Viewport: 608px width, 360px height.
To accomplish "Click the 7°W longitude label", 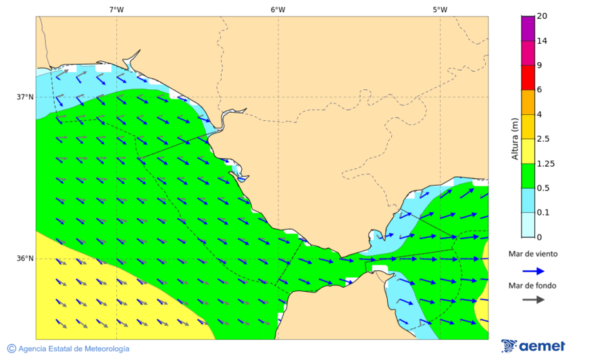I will [x=116, y=9].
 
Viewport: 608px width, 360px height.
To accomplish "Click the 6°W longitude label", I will [x=278, y=9].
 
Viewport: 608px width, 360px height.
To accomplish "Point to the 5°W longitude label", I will [x=440, y=9].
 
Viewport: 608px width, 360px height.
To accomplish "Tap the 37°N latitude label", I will [x=25, y=97].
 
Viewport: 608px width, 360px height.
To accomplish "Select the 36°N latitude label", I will [x=25, y=259].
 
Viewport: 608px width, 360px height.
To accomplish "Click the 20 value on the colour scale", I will [x=542, y=16].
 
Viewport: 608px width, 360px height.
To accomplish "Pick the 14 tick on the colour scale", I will [x=542, y=41].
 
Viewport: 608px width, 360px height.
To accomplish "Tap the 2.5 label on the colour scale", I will [x=543, y=139].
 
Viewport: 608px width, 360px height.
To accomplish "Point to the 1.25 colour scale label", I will [x=545, y=163].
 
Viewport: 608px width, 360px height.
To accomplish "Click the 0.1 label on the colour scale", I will [x=543, y=212].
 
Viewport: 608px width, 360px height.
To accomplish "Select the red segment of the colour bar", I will [x=528, y=77].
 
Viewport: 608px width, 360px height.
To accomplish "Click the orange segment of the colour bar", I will [x=528, y=101].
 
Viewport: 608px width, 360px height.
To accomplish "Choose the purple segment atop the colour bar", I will [x=528, y=28].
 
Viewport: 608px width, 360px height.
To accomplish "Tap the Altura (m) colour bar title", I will [x=515, y=139].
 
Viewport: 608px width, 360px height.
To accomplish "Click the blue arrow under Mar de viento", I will [x=534, y=271].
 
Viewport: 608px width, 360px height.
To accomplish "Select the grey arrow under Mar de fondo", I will [x=534, y=299].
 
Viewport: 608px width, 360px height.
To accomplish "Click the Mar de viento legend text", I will [x=533, y=254].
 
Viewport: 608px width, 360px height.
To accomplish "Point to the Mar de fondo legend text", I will [x=533, y=285].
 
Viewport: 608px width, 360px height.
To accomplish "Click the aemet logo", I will [x=534, y=346].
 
